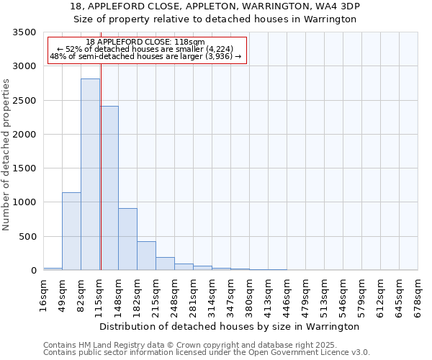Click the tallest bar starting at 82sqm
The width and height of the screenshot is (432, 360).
(90, 174)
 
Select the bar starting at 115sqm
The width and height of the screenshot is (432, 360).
(109, 188)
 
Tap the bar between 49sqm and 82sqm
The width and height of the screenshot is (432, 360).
(71, 231)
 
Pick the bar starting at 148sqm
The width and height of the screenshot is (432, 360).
(127, 239)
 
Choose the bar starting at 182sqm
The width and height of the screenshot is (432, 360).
(146, 256)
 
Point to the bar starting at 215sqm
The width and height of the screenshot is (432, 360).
(165, 264)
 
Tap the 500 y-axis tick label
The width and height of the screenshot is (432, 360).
(28, 237)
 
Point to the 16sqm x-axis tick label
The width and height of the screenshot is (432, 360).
(44, 295)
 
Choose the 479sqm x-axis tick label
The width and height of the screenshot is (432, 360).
(307, 295)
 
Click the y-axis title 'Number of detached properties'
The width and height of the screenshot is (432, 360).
(7, 155)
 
